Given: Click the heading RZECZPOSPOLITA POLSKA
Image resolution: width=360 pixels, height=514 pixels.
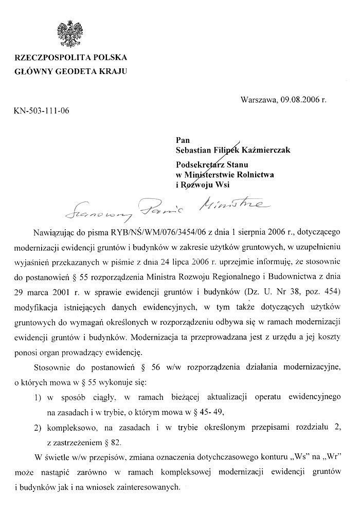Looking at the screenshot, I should click(x=71, y=57).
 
